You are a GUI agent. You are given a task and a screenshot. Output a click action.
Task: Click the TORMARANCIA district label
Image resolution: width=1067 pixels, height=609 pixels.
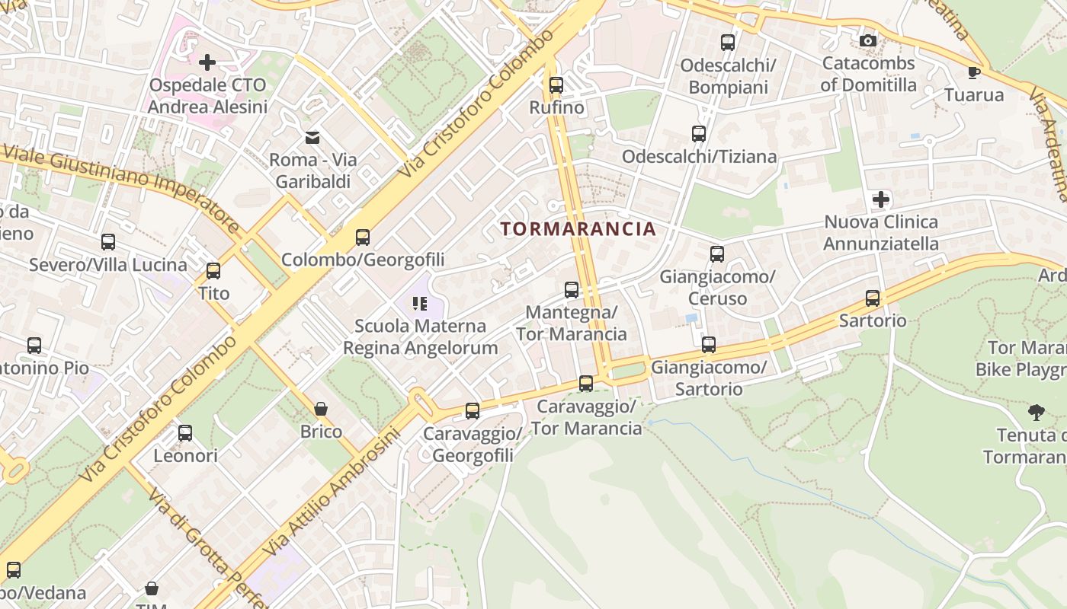pyautogui.click(x=578, y=228)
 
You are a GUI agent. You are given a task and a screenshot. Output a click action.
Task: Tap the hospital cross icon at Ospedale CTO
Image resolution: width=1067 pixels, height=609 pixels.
pyautogui.click(x=207, y=62)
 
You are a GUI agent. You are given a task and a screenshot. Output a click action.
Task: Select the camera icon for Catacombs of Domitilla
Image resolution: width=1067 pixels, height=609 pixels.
pyautogui.click(x=867, y=40)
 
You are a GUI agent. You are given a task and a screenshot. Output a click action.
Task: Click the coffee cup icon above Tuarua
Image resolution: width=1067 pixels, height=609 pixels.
pyautogui.click(x=973, y=72)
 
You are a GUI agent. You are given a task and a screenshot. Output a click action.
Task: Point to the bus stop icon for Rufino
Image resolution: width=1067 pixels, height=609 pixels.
pyautogui.click(x=556, y=84)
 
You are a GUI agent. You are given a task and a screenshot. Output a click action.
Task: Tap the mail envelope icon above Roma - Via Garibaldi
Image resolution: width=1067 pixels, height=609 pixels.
pyautogui.click(x=312, y=137)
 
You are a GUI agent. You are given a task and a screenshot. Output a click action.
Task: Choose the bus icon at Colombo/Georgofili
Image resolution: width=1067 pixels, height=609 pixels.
pyautogui.click(x=363, y=237)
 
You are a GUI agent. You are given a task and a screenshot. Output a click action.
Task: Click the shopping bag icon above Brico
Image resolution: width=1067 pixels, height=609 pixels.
pyautogui.click(x=321, y=409)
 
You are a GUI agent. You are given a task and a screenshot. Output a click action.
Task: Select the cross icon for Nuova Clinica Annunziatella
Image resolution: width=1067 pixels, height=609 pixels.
pyautogui.click(x=881, y=199)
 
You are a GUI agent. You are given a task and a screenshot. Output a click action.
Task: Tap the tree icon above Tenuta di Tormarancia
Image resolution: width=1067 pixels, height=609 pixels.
pyautogui.click(x=1036, y=413)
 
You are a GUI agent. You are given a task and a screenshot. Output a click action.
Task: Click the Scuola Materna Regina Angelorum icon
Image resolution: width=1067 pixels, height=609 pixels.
pyautogui.click(x=419, y=304)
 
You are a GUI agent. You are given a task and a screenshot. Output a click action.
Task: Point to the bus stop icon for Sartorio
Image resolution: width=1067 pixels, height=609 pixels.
pyautogui.click(x=873, y=298)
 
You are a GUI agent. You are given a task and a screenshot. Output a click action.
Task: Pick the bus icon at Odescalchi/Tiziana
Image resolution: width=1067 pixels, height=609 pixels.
pyautogui.click(x=699, y=134)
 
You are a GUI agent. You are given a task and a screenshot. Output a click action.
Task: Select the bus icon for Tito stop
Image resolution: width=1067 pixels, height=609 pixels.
pyautogui.click(x=213, y=270)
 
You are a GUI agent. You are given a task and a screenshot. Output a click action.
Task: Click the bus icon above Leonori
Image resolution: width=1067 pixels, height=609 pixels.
pyautogui.click(x=185, y=433)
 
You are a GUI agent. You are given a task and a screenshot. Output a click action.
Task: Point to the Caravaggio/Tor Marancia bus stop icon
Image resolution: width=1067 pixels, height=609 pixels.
pyautogui.click(x=586, y=384)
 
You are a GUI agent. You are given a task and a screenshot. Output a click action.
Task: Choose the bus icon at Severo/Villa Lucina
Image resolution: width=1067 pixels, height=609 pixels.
pyautogui.click(x=108, y=242)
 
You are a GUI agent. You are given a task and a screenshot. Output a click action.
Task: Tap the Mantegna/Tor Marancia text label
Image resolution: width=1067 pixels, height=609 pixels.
pyautogui.click(x=572, y=323)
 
